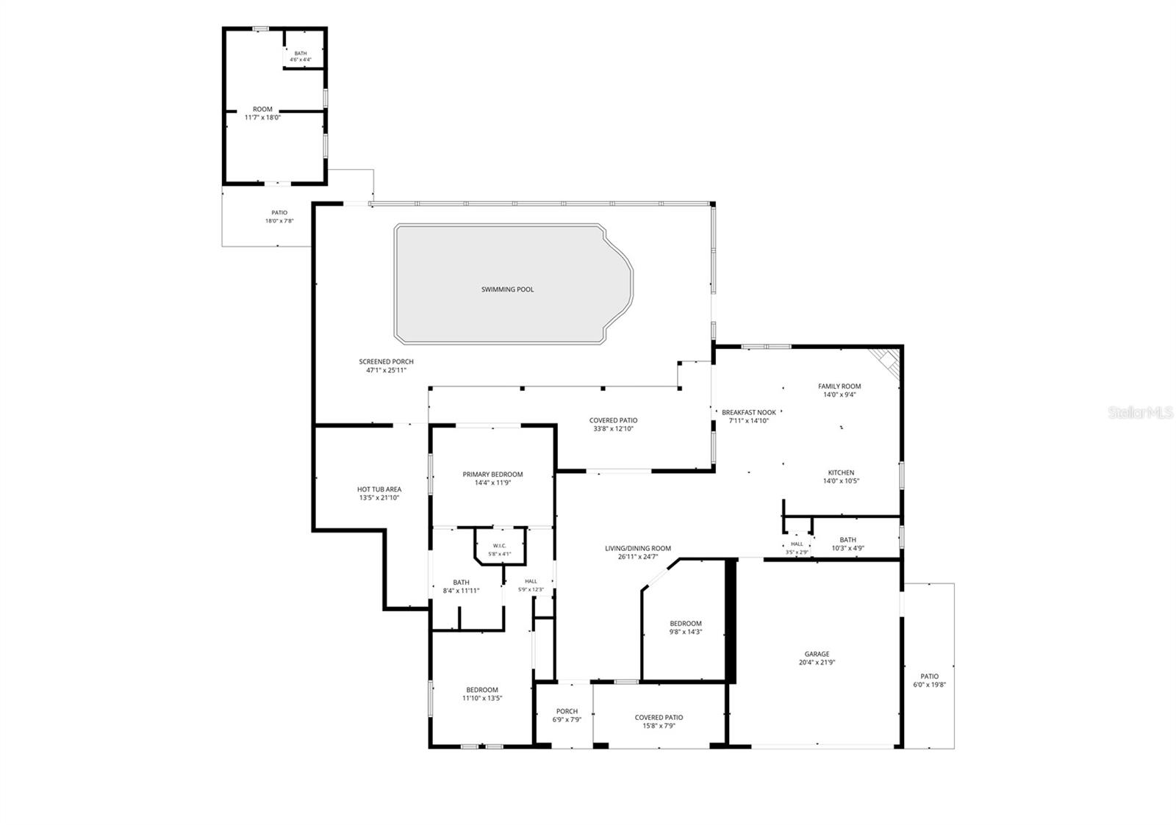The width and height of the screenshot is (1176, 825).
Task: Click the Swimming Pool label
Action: (x=507, y=289)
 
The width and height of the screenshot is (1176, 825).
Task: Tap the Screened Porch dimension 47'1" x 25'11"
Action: (x=386, y=370)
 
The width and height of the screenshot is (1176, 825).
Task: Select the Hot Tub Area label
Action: (x=379, y=489)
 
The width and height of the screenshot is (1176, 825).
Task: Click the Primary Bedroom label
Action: (x=492, y=475)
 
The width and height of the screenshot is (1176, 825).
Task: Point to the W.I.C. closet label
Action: (x=499, y=546)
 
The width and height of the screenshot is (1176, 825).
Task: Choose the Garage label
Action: (x=817, y=654)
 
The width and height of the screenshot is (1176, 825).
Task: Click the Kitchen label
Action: (x=841, y=472)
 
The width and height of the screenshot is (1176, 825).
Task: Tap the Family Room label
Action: (x=839, y=386)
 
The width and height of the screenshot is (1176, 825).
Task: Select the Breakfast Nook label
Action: (x=749, y=413)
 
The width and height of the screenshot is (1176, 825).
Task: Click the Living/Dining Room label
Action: (x=638, y=549)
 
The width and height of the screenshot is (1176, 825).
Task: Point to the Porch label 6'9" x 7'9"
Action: (x=567, y=712)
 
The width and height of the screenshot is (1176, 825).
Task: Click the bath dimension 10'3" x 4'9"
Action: (x=848, y=548)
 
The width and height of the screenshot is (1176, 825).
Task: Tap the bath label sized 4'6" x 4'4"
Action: (x=301, y=54)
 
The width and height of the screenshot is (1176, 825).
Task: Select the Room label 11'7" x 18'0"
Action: (x=262, y=109)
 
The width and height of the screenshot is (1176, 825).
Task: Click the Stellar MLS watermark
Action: (x=1140, y=413)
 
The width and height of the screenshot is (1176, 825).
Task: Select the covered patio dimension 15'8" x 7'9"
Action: (x=659, y=726)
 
